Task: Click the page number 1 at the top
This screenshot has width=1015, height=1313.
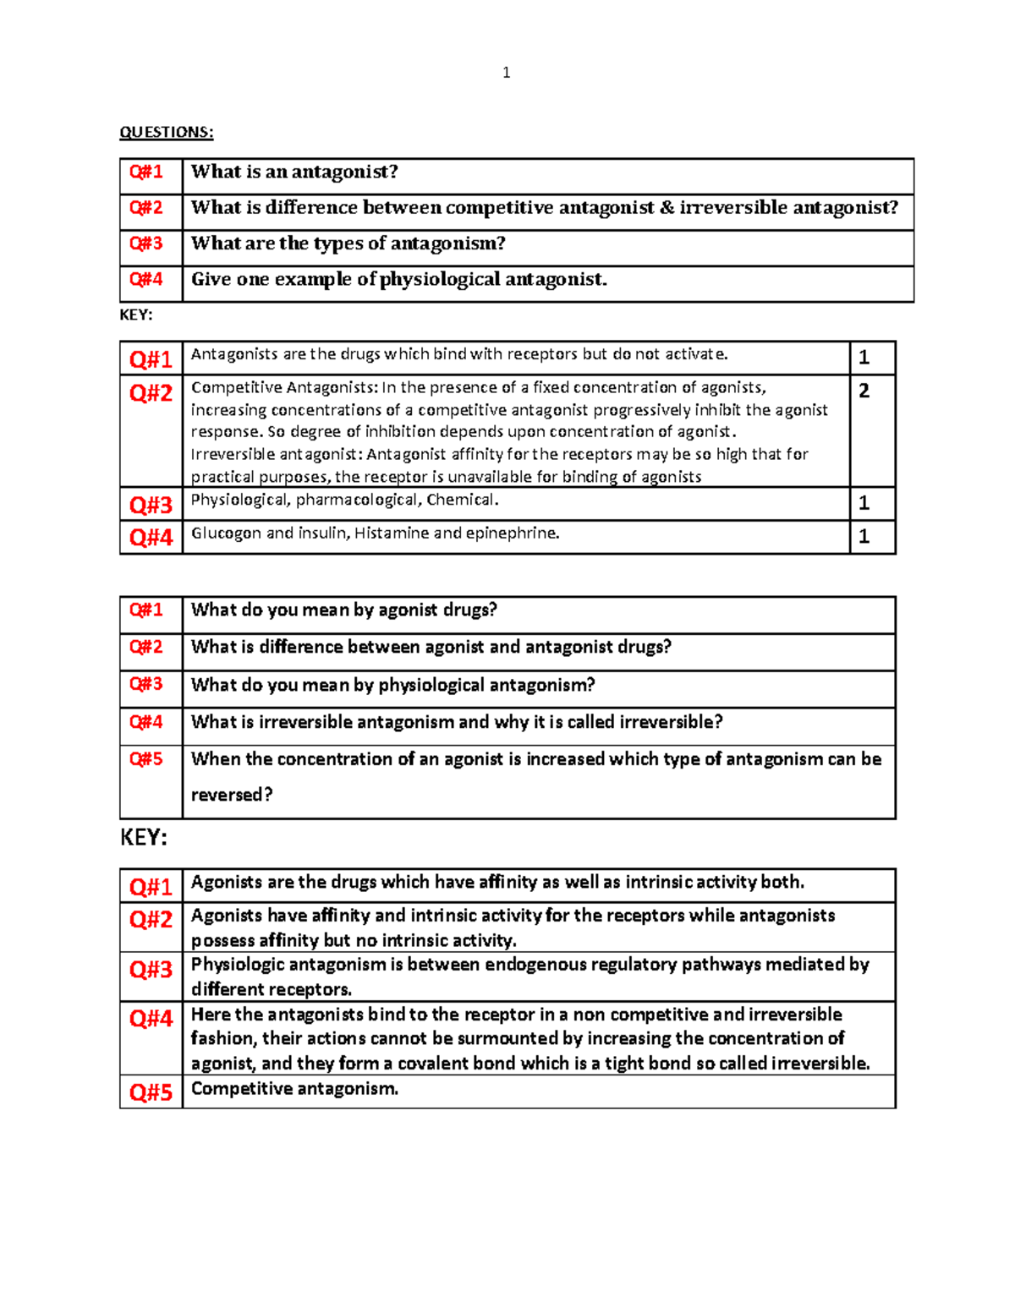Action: tap(506, 73)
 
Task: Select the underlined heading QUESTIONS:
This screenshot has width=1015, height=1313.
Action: tap(167, 132)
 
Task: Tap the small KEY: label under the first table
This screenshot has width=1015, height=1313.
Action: tap(136, 315)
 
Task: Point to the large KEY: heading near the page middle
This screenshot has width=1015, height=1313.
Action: tap(144, 837)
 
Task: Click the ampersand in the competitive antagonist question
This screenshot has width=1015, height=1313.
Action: tap(667, 208)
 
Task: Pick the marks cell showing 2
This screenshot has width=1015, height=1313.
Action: tap(864, 391)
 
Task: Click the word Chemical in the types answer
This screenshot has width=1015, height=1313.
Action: tap(462, 500)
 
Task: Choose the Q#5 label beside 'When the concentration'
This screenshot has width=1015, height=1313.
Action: tap(145, 759)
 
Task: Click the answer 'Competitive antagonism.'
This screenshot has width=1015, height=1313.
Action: tap(294, 1089)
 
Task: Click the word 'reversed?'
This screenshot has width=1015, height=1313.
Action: tap(232, 795)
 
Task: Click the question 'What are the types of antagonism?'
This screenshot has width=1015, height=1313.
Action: tap(348, 243)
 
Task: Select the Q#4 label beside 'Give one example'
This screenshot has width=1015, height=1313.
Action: tap(145, 279)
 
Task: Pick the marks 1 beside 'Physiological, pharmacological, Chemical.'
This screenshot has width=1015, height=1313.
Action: tap(864, 503)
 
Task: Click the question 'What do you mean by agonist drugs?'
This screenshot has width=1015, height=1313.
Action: tap(343, 610)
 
